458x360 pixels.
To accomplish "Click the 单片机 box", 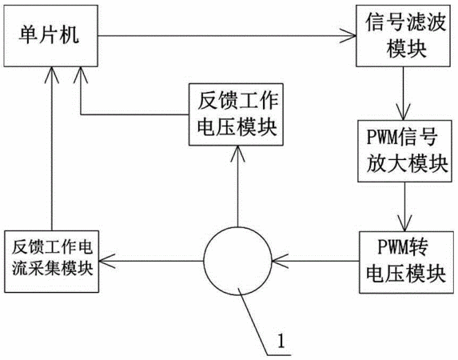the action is (50, 36).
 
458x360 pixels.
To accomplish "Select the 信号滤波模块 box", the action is (403, 36).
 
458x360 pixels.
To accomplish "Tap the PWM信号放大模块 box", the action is (404, 151).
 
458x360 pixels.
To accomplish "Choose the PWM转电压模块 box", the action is (406, 262).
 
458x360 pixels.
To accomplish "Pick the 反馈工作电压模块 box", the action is (236, 114).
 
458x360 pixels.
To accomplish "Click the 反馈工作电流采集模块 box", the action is (51, 262).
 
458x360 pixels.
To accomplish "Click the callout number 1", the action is (281, 340).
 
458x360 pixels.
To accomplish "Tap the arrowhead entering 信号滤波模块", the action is (348, 36).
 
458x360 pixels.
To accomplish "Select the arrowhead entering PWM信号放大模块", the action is (404, 112).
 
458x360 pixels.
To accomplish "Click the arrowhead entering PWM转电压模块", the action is (404, 223).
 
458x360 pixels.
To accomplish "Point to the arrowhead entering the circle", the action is (280, 261).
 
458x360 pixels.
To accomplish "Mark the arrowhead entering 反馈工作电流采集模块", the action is (107, 261).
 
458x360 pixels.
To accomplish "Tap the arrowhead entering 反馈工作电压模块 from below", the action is (237, 154).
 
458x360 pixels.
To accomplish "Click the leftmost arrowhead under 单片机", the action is (52, 75).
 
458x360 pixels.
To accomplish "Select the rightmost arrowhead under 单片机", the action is (81, 75).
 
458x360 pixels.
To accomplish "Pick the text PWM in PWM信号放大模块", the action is (384, 136).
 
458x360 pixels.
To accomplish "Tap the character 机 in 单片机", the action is (69, 35).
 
